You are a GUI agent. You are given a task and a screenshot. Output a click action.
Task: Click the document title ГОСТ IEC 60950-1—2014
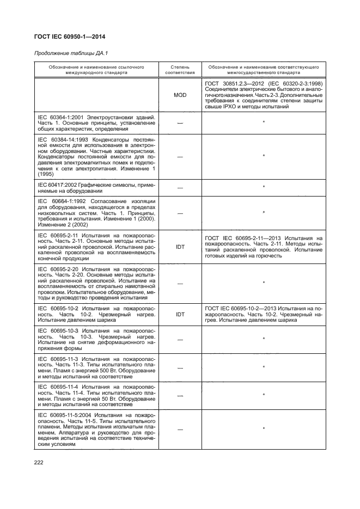click(70, 37)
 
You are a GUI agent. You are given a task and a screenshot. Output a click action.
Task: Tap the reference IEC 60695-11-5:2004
click(69, 415)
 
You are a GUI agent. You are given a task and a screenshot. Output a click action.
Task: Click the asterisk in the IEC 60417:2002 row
click(264, 188)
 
